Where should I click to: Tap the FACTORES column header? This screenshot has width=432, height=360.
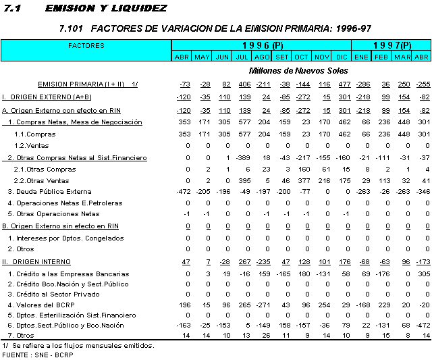click(x=86, y=45)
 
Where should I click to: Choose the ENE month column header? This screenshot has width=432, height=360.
click(x=362, y=57)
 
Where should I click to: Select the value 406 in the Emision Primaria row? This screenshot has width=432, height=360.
click(x=244, y=84)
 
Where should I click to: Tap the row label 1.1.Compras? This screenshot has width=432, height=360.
click(x=35, y=134)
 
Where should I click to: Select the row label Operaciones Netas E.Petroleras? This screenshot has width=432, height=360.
click(x=65, y=203)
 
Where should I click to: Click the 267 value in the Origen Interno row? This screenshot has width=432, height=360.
click(x=244, y=261)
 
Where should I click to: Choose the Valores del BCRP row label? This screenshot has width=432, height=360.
click(x=41, y=305)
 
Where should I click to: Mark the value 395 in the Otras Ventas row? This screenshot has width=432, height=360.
click(x=244, y=180)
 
